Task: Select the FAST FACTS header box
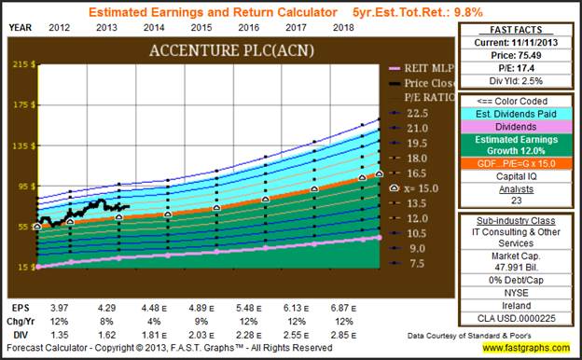[x=516, y=29]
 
